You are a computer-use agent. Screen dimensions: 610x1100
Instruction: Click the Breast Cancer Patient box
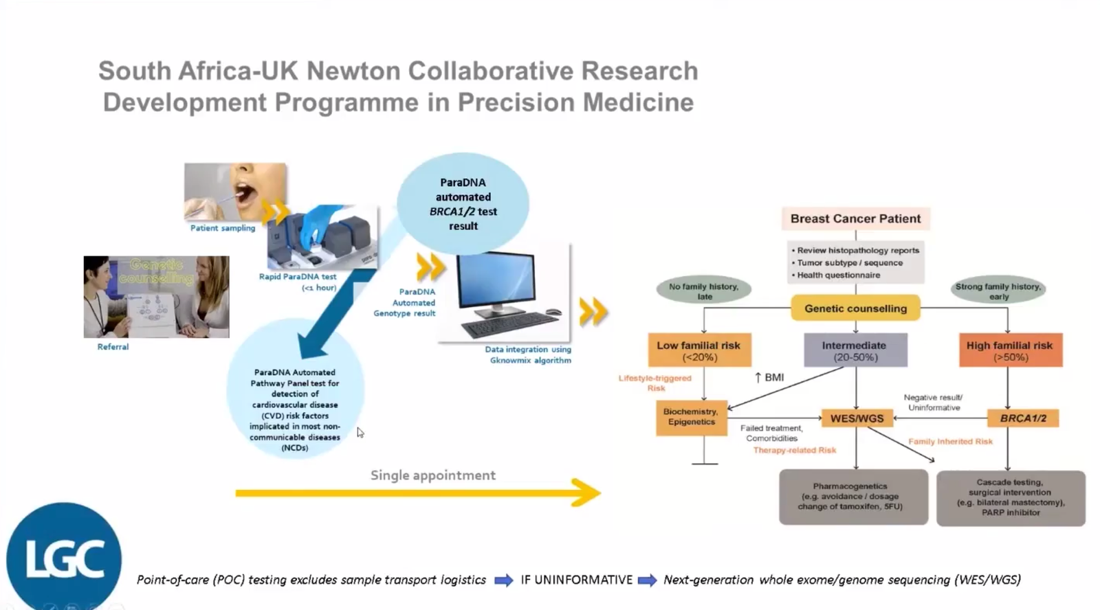pos(855,218)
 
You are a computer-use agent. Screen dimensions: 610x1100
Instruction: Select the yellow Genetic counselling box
pos(855,308)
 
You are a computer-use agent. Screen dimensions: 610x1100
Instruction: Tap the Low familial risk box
pos(698,350)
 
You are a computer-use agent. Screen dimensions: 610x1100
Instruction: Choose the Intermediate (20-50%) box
pos(855,350)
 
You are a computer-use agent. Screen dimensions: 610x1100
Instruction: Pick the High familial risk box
pos(1009,350)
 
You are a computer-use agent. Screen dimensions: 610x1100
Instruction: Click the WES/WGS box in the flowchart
pos(857,418)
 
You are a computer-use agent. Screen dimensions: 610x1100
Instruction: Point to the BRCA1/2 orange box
pos(1022,418)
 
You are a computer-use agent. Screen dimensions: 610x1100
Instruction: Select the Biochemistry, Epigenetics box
pos(690,417)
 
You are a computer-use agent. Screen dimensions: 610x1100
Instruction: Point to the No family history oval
pos(703,291)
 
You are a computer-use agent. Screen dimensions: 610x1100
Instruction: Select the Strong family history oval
pos(998,291)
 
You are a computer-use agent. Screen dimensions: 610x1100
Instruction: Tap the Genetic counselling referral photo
pos(156,297)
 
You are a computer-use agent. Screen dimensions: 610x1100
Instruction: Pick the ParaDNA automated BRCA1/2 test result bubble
pos(463,204)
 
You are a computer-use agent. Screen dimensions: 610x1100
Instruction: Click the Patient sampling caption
pos(223,228)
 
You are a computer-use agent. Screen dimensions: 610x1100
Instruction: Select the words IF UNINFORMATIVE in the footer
pos(576,580)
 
